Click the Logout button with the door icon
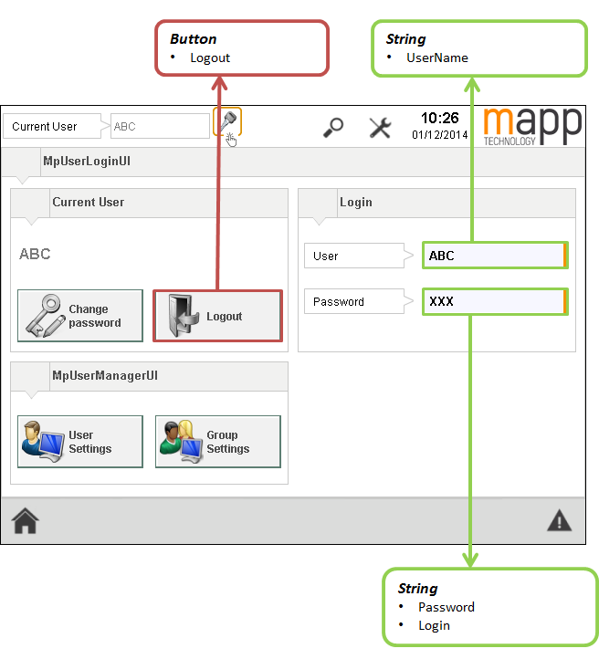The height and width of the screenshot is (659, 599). [x=217, y=316]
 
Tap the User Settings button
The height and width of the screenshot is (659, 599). [x=80, y=442]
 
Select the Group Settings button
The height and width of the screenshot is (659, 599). [x=217, y=442]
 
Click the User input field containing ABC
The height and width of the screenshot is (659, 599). [x=495, y=256]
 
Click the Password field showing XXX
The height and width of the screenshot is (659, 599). [x=495, y=301]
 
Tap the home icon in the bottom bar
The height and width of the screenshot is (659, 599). [x=25, y=521]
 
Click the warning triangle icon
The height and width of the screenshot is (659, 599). [x=559, y=521]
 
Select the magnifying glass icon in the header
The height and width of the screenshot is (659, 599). [x=333, y=127]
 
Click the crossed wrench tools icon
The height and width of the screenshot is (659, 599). [x=380, y=127]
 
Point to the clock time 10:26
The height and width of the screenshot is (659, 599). [x=439, y=118]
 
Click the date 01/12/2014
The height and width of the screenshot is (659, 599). [x=439, y=135]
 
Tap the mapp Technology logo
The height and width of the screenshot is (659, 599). [x=531, y=126]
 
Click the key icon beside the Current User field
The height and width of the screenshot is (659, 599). [x=226, y=121]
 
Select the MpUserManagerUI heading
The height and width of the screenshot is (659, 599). [x=105, y=375]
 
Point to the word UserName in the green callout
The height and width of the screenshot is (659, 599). [x=437, y=58]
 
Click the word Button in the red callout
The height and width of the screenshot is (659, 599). [x=194, y=39]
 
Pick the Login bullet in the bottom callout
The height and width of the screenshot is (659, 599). [x=434, y=625]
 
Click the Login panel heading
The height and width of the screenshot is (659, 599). [x=356, y=202]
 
